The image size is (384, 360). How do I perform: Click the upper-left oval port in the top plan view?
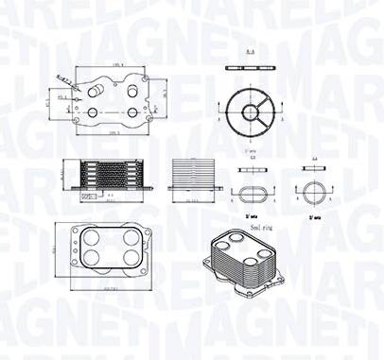point(93,90)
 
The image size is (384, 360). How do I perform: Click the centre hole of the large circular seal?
point(251,112)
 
